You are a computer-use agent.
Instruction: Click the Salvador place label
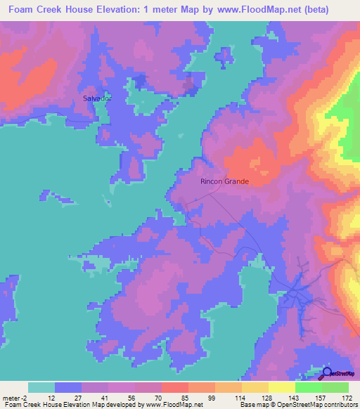97,98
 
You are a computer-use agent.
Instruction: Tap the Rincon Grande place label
225,181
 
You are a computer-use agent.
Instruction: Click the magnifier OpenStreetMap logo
328,372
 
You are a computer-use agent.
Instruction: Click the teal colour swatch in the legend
41,387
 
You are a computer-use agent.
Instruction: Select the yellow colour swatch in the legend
281,387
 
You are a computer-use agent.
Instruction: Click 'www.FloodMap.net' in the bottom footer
174,405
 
